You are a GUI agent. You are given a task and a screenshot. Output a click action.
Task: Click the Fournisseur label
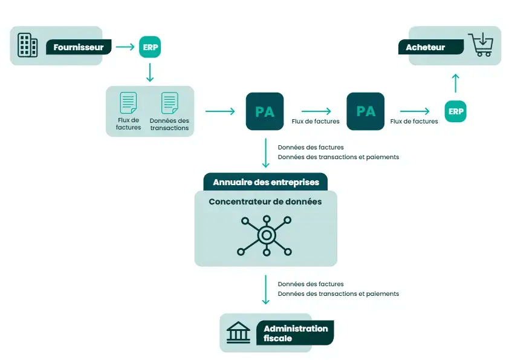coord(78,47)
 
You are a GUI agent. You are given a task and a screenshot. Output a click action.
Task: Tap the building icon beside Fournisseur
coord(27,45)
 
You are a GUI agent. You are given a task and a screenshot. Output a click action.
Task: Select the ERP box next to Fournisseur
coord(150,47)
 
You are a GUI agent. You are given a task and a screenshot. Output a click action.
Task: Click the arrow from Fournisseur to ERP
coord(125,47)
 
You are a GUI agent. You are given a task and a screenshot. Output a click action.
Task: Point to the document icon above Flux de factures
coord(128,103)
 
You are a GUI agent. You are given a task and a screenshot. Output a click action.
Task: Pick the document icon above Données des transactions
coord(169,103)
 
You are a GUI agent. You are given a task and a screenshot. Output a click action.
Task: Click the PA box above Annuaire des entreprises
coord(265,111)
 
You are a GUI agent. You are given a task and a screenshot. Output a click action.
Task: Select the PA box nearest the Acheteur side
coord(365,111)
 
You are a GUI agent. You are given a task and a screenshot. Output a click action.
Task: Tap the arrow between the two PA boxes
coord(316,111)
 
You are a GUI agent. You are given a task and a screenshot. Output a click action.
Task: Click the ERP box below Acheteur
coord(455,111)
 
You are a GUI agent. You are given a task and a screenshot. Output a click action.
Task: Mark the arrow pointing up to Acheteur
coord(455,83)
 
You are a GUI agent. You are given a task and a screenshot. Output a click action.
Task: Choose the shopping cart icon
coord(481,45)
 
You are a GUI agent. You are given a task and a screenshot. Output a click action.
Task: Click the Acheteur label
coord(426,47)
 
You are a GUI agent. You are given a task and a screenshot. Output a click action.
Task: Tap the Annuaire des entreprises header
coord(265,182)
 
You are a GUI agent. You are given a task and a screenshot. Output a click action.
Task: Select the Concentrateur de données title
coord(265,201)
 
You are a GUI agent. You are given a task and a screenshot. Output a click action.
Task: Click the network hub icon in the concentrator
coord(265,235)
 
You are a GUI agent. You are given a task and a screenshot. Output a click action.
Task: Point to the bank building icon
coord(238,333)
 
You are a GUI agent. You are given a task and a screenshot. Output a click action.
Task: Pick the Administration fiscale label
coord(296,333)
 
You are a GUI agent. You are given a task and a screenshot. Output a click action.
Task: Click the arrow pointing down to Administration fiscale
coord(265,289)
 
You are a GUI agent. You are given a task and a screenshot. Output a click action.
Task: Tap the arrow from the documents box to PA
coord(220,111)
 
